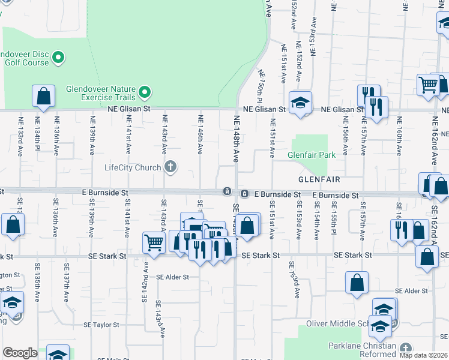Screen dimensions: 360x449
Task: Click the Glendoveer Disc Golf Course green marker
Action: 58,58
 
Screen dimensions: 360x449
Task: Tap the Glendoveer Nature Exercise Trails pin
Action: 145,92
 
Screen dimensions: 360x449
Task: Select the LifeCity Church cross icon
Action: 170,167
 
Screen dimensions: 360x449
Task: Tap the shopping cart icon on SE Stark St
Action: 154,243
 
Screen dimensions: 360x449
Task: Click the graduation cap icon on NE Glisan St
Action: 300,103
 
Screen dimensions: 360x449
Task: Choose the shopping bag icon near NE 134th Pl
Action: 43,96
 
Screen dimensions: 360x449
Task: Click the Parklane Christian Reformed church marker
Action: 406,348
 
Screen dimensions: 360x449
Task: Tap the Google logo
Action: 20,353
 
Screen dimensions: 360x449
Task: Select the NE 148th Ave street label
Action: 236,139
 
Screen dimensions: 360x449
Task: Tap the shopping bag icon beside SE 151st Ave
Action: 247,226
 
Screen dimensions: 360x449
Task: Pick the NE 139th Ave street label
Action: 92,139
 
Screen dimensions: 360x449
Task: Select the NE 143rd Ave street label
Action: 164,139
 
